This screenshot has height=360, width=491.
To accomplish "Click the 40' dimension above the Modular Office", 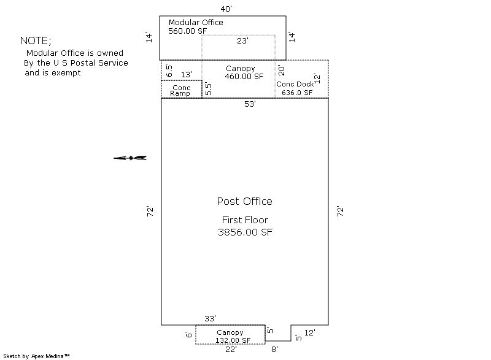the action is pyautogui.click(x=226, y=9).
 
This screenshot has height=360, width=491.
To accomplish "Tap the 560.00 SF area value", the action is pyautogui.click(x=188, y=31).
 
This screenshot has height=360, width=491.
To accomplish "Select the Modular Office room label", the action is pyautogui.click(x=196, y=23).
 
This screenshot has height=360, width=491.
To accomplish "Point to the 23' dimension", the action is pyautogui.click(x=242, y=41).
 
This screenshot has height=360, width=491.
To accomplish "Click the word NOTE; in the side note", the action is pyautogui.click(x=36, y=40).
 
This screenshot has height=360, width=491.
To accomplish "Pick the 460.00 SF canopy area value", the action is pyautogui.click(x=244, y=76).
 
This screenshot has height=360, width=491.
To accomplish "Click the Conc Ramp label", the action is pyautogui.click(x=180, y=90).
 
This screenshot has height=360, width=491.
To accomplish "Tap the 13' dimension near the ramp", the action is pyautogui.click(x=187, y=74).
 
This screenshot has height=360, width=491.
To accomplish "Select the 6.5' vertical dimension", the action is pyautogui.click(x=169, y=71).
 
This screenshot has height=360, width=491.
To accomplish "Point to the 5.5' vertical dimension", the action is pyautogui.click(x=208, y=89).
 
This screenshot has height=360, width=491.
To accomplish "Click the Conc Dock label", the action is pyautogui.click(x=295, y=84).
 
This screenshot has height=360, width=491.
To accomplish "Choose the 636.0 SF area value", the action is pyautogui.click(x=297, y=93).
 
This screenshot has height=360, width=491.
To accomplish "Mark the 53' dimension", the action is pyautogui.click(x=250, y=104).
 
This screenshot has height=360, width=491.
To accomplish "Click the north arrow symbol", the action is pyautogui.click(x=130, y=158).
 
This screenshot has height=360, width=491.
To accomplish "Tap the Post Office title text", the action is pyautogui.click(x=244, y=201).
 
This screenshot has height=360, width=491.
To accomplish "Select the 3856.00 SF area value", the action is pyautogui.click(x=245, y=232).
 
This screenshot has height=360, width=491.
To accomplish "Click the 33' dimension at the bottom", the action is pyautogui.click(x=211, y=319).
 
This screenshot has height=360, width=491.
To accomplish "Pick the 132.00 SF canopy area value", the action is pyautogui.click(x=233, y=340).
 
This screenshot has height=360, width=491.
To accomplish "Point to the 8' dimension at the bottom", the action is pyautogui.click(x=274, y=350).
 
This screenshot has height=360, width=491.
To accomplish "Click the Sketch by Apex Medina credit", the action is pyautogui.click(x=36, y=356).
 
